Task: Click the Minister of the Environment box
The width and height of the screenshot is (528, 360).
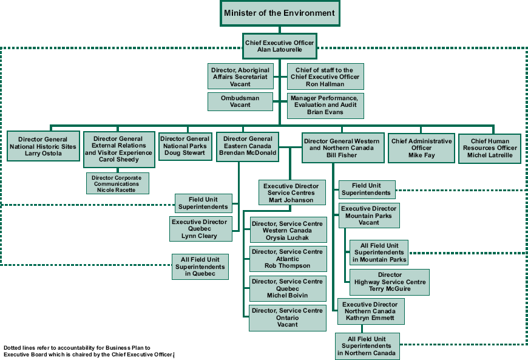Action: click(279, 13)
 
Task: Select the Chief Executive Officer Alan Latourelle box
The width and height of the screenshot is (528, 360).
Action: click(279, 46)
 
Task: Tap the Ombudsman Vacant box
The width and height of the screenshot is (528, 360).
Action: click(240, 101)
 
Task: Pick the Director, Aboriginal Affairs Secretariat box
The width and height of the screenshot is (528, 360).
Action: click(240, 77)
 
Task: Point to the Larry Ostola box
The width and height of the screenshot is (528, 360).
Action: click(42, 146)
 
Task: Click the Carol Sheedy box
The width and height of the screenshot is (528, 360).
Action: click(118, 149)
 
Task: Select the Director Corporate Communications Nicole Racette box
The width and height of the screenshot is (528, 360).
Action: click(117, 183)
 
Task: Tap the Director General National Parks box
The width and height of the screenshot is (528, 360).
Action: click(185, 146)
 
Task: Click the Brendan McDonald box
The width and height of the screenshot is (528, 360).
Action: click(248, 146)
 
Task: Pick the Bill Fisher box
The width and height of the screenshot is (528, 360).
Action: click(341, 148)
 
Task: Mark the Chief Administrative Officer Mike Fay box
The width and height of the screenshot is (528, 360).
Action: click(421, 148)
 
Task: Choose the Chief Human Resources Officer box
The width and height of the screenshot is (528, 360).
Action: click(490, 148)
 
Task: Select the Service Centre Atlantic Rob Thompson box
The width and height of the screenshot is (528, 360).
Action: click(288, 259)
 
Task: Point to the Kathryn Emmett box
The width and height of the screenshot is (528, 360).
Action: click(370, 311)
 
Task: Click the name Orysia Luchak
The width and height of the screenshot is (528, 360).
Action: click(288, 237)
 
